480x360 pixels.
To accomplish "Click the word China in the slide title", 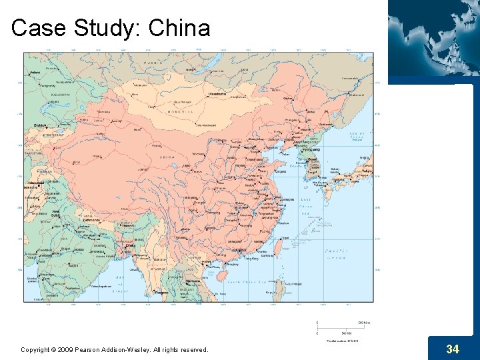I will click(x=179, y=28).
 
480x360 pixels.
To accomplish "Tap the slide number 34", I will click(x=453, y=349).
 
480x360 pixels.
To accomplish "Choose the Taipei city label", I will click(x=287, y=238).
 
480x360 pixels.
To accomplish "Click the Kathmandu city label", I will click(x=91, y=221).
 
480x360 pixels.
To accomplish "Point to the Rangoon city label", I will click(x=161, y=291).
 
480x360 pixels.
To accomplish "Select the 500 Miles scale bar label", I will click(x=363, y=323).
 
